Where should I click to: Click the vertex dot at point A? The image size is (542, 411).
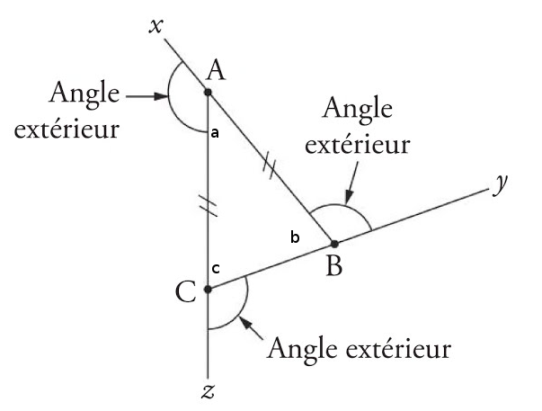(x=208, y=91)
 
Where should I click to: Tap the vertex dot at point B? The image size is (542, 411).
(x=333, y=243)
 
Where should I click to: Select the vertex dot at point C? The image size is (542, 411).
(x=208, y=289)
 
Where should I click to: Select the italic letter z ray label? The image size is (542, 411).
(x=208, y=392)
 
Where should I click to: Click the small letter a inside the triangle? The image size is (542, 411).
(x=215, y=133)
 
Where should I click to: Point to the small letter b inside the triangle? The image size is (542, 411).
(x=293, y=237)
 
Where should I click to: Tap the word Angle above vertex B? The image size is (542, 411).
(x=361, y=112)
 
